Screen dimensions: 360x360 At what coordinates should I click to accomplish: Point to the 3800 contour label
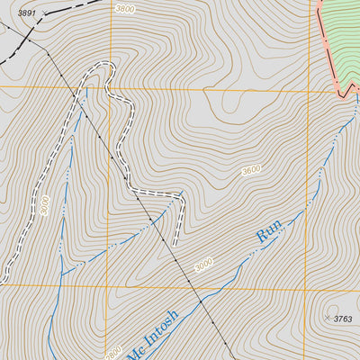[125, 8]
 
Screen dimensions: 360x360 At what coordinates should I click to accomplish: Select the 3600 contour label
[253, 170]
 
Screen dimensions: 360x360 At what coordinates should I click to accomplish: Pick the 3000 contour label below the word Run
[204, 266]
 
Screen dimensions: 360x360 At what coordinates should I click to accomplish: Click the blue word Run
[269, 231]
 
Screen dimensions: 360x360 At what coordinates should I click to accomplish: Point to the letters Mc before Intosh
[133, 352]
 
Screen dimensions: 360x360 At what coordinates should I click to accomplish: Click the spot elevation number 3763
[343, 319]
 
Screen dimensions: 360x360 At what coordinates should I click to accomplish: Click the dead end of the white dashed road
[174, 242]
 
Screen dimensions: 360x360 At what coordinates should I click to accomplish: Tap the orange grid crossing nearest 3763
[309, 288]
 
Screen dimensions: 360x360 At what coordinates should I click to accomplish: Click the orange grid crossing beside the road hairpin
[112, 87]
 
